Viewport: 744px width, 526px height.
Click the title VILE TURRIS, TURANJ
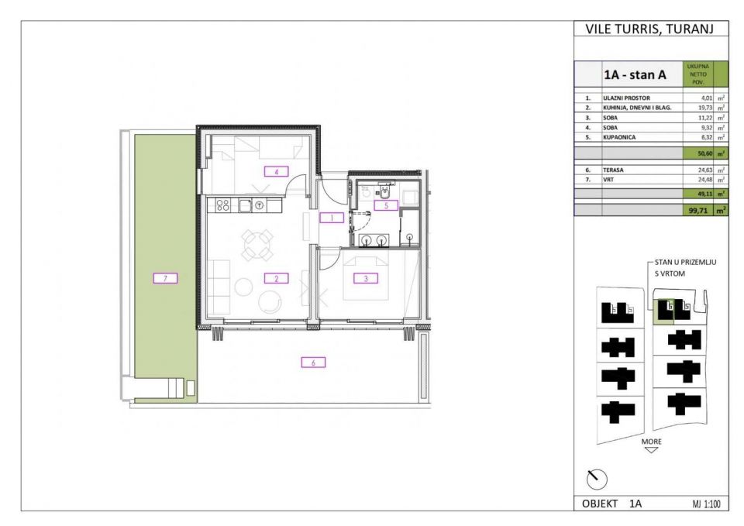[x=651, y=29]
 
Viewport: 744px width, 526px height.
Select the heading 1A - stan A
[x=635, y=76]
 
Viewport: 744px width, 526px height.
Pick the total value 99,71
[x=701, y=209]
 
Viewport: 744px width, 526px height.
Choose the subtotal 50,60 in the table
[x=703, y=153]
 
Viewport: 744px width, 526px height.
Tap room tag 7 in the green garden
[x=165, y=277]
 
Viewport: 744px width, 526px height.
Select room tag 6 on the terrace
[x=312, y=362]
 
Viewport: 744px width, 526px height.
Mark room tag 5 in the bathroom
[x=385, y=205]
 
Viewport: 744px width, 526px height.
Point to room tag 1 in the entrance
[x=331, y=218]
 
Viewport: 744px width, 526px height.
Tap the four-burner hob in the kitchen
[x=222, y=205]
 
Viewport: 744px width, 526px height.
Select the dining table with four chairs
[x=256, y=245]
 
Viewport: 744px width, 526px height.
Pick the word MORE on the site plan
[x=652, y=441]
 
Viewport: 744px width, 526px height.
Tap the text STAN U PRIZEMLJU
[x=685, y=263]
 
